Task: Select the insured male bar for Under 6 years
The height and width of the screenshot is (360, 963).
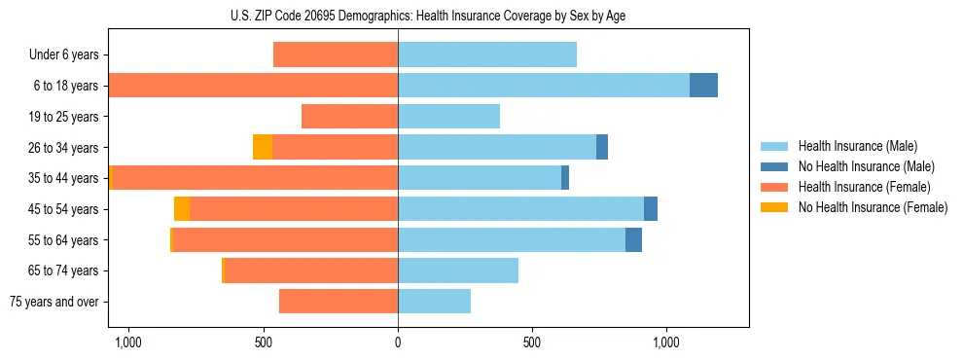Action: (x=486, y=54)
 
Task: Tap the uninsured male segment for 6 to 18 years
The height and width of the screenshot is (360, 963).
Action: (x=703, y=86)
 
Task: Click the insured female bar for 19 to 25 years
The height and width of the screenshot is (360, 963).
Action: (x=349, y=117)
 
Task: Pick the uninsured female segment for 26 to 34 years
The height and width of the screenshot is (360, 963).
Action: (x=262, y=147)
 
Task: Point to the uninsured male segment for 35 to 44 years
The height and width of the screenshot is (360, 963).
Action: (x=565, y=178)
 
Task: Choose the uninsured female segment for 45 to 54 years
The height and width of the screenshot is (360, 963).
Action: (x=182, y=209)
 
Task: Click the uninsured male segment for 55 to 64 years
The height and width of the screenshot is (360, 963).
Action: (x=633, y=239)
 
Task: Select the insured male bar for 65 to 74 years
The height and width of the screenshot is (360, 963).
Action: (x=457, y=270)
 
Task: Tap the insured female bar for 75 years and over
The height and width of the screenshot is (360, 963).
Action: (x=339, y=302)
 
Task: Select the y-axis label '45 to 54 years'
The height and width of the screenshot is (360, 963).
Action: (x=63, y=209)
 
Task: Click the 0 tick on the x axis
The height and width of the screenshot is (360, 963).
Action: (x=398, y=342)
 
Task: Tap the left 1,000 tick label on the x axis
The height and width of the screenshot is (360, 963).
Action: (x=128, y=342)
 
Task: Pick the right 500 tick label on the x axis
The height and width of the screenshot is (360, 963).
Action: (x=532, y=342)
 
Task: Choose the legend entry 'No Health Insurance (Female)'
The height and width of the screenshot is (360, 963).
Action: (x=873, y=207)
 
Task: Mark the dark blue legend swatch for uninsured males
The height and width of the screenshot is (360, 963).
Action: (x=775, y=166)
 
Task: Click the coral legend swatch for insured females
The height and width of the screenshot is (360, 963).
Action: (x=775, y=187)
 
